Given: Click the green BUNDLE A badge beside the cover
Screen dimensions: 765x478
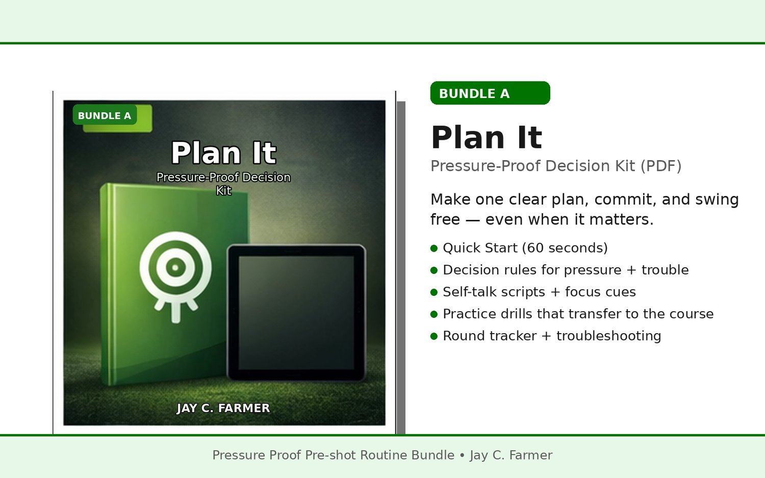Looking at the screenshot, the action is tap(490, 93).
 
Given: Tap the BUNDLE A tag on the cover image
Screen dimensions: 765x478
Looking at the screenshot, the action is tap(105, 115).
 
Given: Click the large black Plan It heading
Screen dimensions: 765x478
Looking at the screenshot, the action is tap(487, 137).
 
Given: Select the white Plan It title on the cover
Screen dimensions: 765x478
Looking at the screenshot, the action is tap(223, 153).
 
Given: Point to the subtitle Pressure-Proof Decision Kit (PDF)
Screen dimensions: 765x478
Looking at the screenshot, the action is tap(556, 166).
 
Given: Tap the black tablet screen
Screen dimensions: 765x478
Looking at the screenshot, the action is tap(296, 313).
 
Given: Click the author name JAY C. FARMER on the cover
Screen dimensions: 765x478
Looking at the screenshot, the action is tap(223, 408).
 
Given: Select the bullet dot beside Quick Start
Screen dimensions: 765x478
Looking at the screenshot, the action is tap(434, 248).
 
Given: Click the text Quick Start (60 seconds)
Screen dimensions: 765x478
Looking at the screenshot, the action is tap(525, 248).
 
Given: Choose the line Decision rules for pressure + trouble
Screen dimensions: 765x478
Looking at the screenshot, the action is tap(566, 270).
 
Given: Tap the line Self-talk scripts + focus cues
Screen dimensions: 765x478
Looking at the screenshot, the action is tap(539, 292).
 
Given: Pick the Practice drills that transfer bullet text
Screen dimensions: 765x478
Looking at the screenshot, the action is tap(578, 314).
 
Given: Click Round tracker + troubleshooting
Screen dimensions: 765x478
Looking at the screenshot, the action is tap(552, 336).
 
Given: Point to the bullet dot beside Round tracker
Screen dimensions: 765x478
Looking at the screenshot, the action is tap(434, 336).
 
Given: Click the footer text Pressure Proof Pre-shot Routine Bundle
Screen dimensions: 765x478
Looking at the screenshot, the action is tap(334, 455).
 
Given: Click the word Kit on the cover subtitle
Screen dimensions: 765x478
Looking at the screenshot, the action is tap(224, 190).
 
